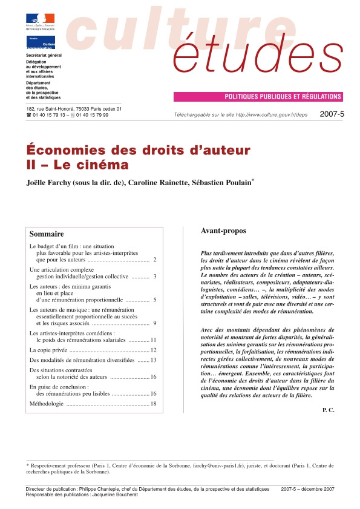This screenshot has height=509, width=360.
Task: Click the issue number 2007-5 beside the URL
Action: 331,114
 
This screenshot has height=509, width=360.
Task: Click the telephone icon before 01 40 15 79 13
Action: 28,115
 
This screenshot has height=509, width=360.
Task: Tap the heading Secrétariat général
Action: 44,55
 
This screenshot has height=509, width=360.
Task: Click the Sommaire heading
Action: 47,234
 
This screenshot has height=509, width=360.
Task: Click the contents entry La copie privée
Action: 48,350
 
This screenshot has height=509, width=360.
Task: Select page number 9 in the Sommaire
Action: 155,323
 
